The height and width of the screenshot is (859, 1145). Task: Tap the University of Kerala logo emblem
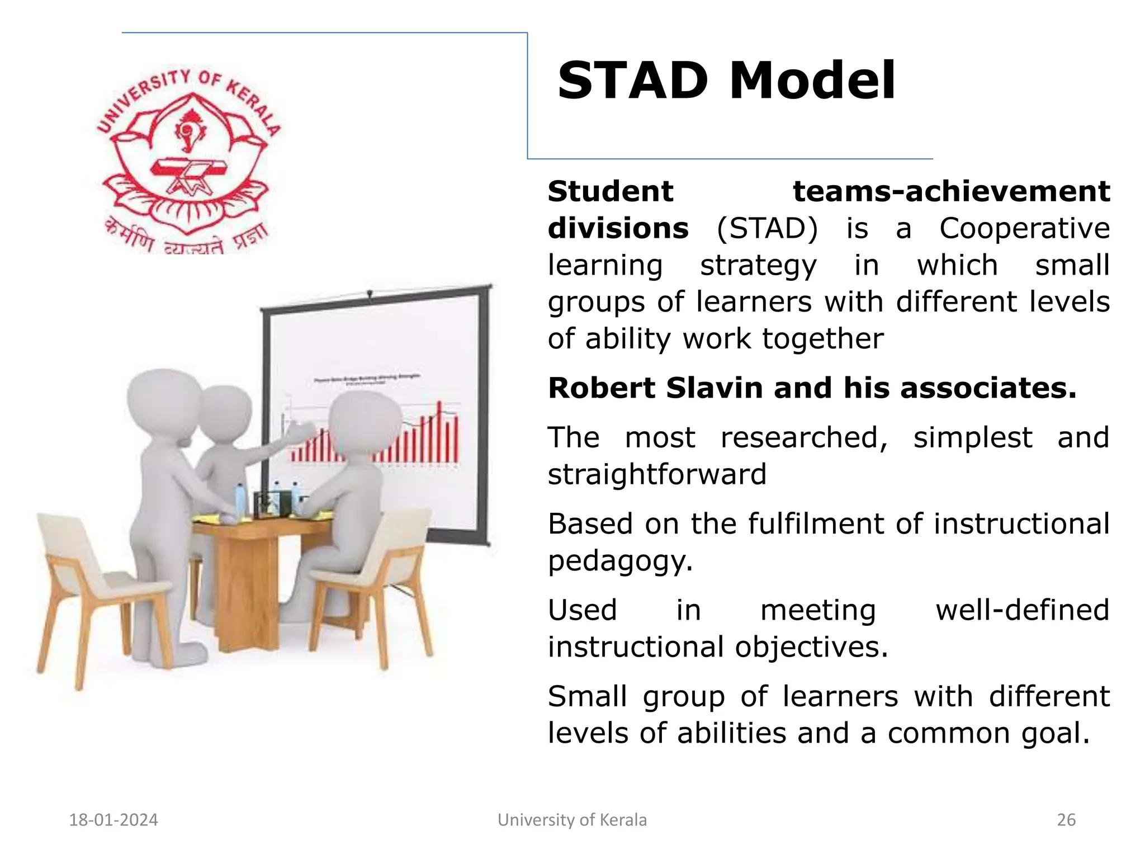pyautogui.click(x=188, y=159)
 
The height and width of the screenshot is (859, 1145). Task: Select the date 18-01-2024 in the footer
pyautogui.click(x=113, y=820)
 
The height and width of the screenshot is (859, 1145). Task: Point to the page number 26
pyautogui.click(x=1066, y=820)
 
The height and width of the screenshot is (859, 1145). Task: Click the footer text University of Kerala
pyautogui.click(x=572, y=820)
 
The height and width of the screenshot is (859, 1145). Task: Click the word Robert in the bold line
pyautogui.click(x=599, y=388)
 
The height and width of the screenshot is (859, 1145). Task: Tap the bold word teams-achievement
pyautogui.click(x=951, y=192)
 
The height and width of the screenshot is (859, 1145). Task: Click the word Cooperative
pyautogui.click(x=1024, y=229)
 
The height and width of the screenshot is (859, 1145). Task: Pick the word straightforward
pyautogui.click(x=657, y=475)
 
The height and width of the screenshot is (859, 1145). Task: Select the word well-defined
pyautogui.click(x=1022, y=610)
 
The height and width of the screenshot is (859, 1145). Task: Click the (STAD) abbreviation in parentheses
pyautogui.click(x=767, y=229)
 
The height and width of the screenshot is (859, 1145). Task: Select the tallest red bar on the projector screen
pyautogui.click(x=439, y=431)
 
